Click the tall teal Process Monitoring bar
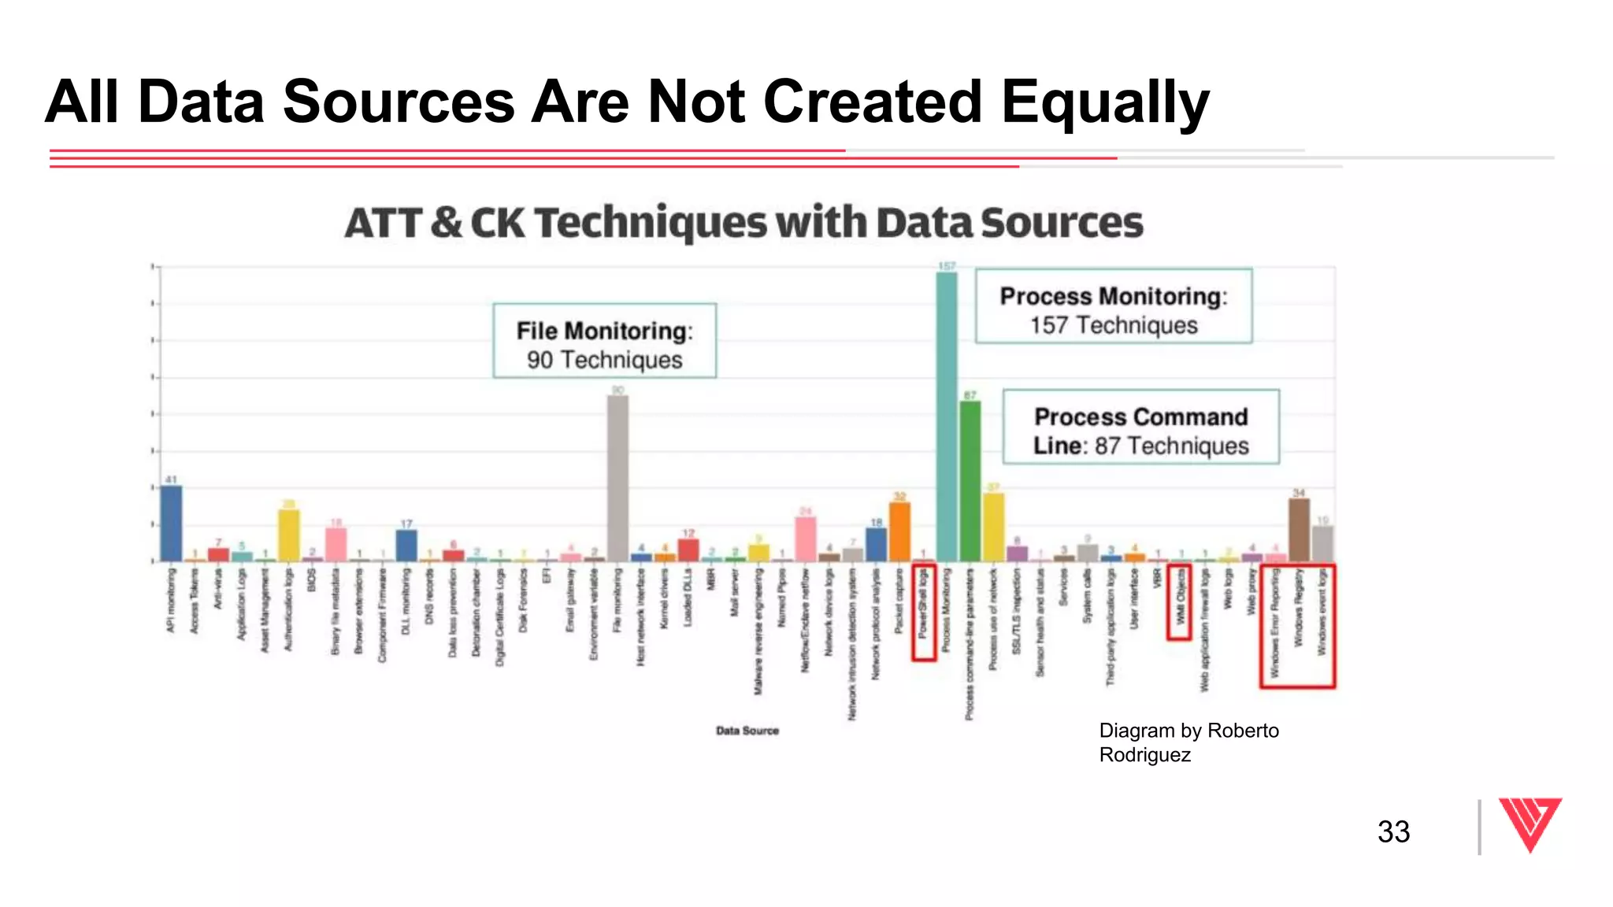tap(946, 417)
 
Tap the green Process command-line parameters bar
tap(970, 481)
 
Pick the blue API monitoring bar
tap(171, 523)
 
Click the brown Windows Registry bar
tap(1299, 529)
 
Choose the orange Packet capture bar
tap(899, 531)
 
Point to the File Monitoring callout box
tap(604, 341)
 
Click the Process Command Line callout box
tap(1140, 427)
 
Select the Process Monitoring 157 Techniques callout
tap(1113, 306)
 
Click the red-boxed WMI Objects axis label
tap(1178, 600)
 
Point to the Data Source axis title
tap(747, 731)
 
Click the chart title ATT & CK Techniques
tap(743, 223)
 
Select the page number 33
tap(1393, 831)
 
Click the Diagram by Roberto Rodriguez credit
tap(1188, 742)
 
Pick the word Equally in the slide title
tap(1104, 102)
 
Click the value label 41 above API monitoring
tap(171, 479)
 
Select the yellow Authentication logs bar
tap(289, 535)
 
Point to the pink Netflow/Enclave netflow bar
tap(805, 539)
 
